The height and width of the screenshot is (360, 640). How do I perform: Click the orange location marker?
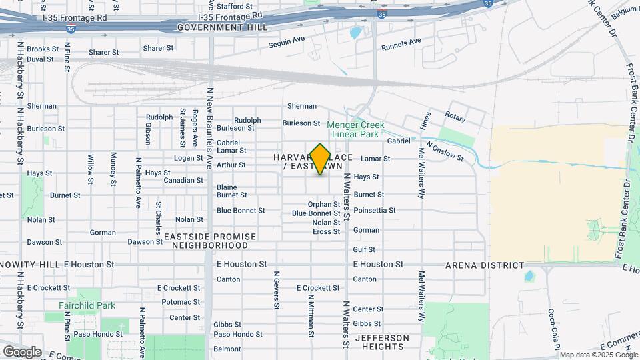321,159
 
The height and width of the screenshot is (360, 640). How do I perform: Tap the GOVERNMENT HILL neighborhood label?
222,27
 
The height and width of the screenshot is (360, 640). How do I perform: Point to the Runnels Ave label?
401,45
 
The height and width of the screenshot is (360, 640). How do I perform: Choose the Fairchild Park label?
87,305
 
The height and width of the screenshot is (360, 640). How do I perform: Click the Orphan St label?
324,205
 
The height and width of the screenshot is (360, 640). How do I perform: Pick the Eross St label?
327,232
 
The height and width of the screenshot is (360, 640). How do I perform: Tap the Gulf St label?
364,249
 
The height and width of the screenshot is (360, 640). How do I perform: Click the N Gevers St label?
276,290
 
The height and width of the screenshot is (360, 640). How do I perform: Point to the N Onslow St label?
445,151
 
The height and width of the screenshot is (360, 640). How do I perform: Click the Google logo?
22,351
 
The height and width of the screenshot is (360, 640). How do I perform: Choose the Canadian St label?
183,181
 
